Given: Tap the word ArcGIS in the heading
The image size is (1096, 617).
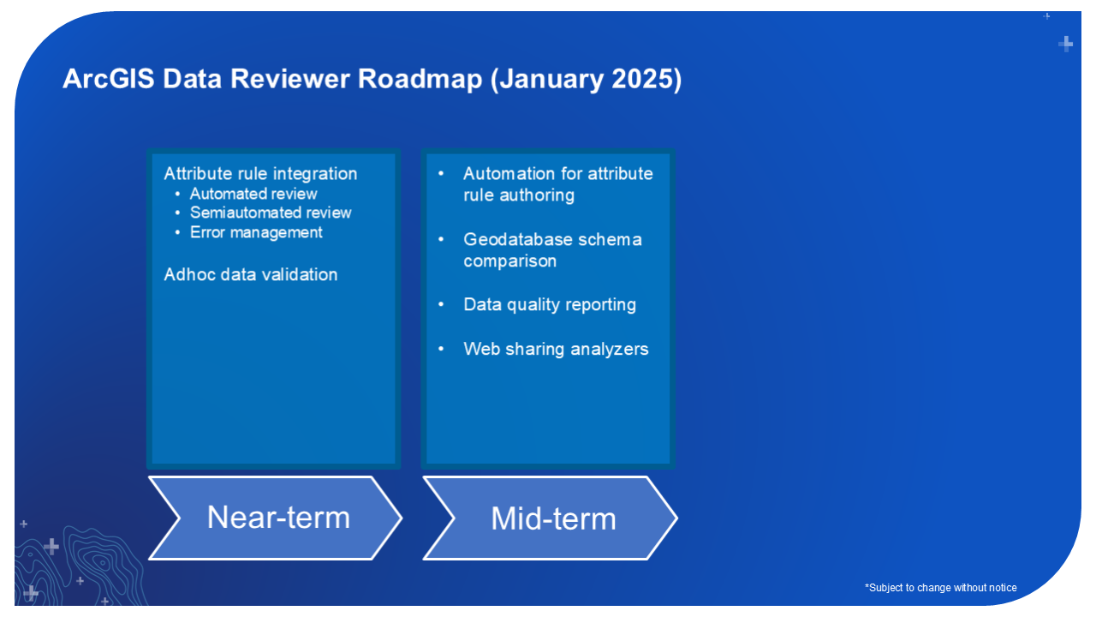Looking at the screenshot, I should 108,79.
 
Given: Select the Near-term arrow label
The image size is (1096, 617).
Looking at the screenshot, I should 278,518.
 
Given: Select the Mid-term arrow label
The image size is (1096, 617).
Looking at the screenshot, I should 553,518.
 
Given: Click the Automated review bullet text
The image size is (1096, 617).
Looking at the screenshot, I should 253,194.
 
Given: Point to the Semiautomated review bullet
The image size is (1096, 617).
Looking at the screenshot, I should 271,213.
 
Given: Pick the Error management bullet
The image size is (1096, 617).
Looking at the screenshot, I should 256,232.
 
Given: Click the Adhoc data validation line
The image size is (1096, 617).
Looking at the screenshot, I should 251,274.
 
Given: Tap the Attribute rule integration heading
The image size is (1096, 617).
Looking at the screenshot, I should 260,173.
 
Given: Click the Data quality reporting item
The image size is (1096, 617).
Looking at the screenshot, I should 550,304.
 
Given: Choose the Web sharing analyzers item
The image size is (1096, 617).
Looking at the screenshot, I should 556,349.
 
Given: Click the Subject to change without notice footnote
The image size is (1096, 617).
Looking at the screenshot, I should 941,588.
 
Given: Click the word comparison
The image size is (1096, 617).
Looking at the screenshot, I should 510,261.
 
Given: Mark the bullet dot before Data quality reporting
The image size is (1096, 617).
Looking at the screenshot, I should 441,304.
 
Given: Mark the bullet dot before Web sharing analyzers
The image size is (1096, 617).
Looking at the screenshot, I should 441,349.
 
